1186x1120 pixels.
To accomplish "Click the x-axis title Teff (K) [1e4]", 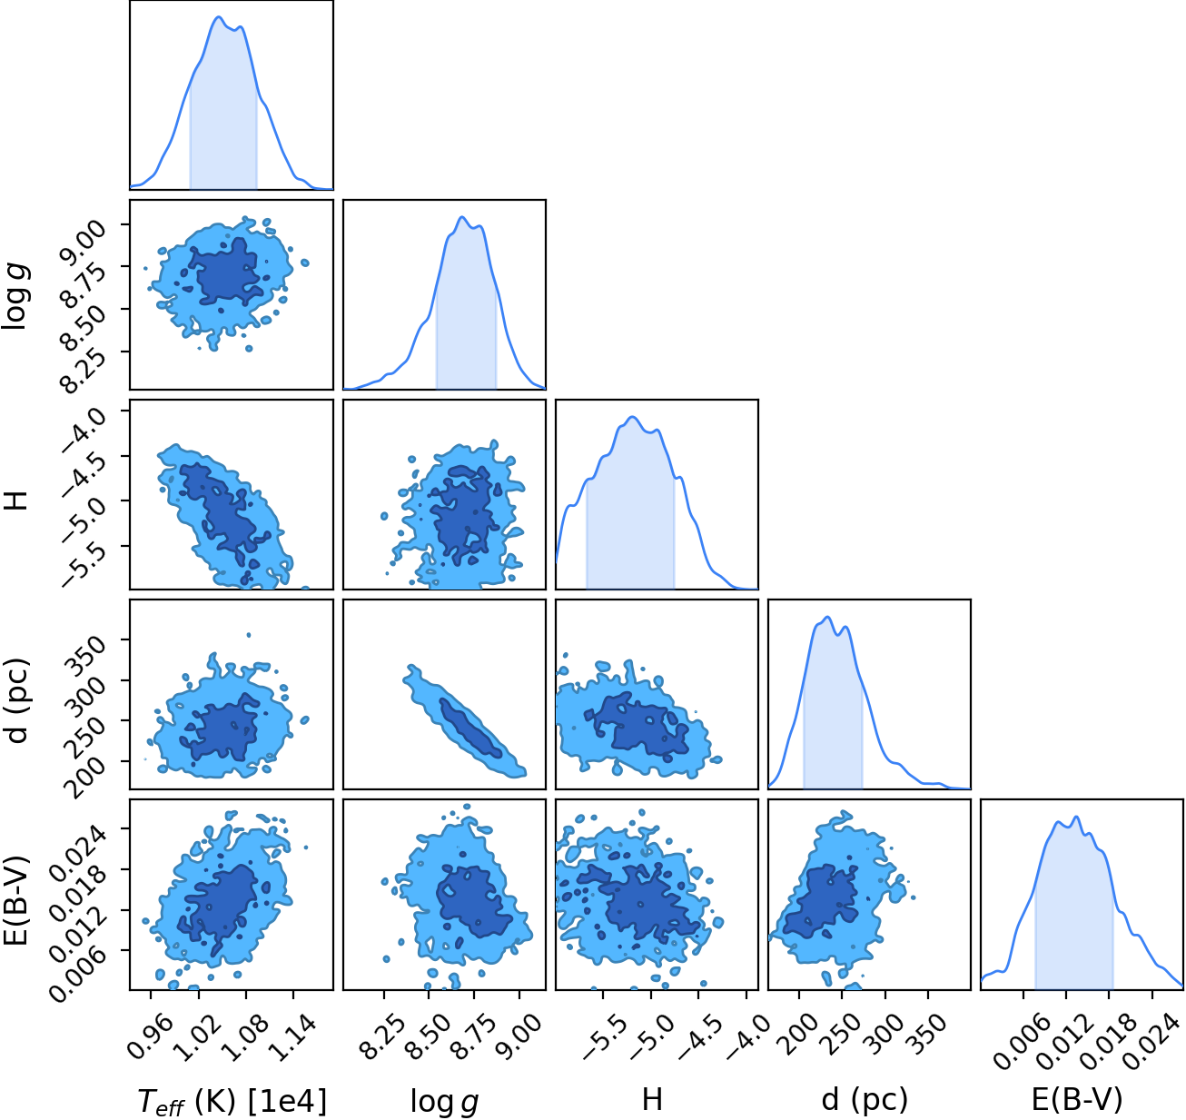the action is (232, 1101).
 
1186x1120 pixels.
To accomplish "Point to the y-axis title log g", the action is (16, 295).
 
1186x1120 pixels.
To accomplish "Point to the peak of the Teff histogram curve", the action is (219, 16).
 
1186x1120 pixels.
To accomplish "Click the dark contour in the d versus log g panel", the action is (472, 728).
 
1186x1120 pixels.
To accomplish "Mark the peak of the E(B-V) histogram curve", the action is (1076, 817).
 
